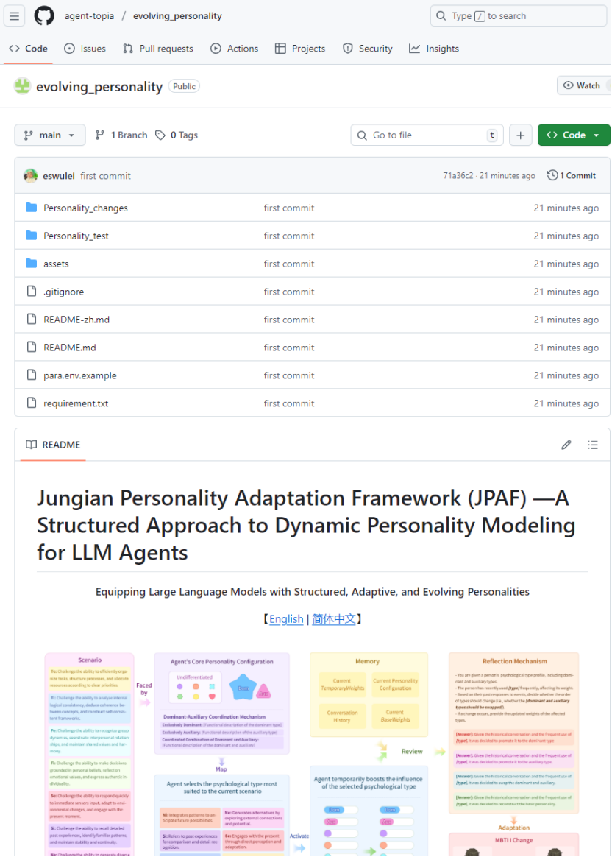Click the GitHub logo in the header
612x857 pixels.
(44, 15)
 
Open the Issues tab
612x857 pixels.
(85, 49)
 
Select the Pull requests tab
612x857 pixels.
(157, 49)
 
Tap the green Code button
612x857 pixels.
(573, 135)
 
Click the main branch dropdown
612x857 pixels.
(49, 135)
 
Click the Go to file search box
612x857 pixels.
(427, 135)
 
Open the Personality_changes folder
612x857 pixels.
(85, 208)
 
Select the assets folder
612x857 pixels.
(56, 264)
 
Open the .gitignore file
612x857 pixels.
(63, 292)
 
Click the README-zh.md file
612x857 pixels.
(76, 320)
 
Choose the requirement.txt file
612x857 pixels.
(76, 404)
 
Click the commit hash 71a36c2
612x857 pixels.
(458, 176)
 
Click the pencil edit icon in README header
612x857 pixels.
(566, 445)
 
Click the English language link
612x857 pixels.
(286, 619)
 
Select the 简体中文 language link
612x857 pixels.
(333, 619)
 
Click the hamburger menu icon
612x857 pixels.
(15, 15)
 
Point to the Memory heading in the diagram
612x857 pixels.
(367, 661)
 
